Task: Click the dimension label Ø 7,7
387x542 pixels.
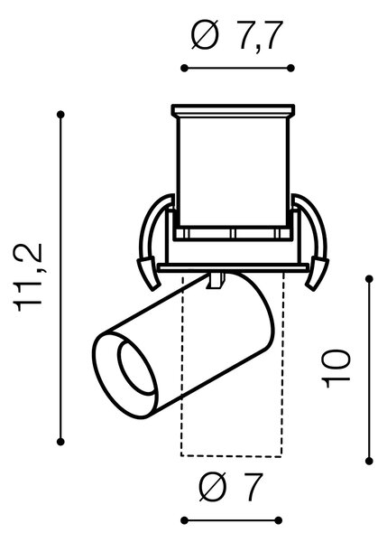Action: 237,35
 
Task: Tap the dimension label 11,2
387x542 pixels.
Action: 28,277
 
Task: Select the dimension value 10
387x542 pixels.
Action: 336,369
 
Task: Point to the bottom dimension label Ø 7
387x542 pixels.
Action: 231,487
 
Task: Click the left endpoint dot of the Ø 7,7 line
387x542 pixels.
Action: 184,68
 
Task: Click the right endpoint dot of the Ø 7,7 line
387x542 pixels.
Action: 290,68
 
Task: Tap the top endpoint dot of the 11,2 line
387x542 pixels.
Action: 60,115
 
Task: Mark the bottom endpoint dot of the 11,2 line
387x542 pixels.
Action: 60,442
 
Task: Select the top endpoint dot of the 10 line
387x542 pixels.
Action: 369,278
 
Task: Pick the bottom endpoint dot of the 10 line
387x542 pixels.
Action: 369,461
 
